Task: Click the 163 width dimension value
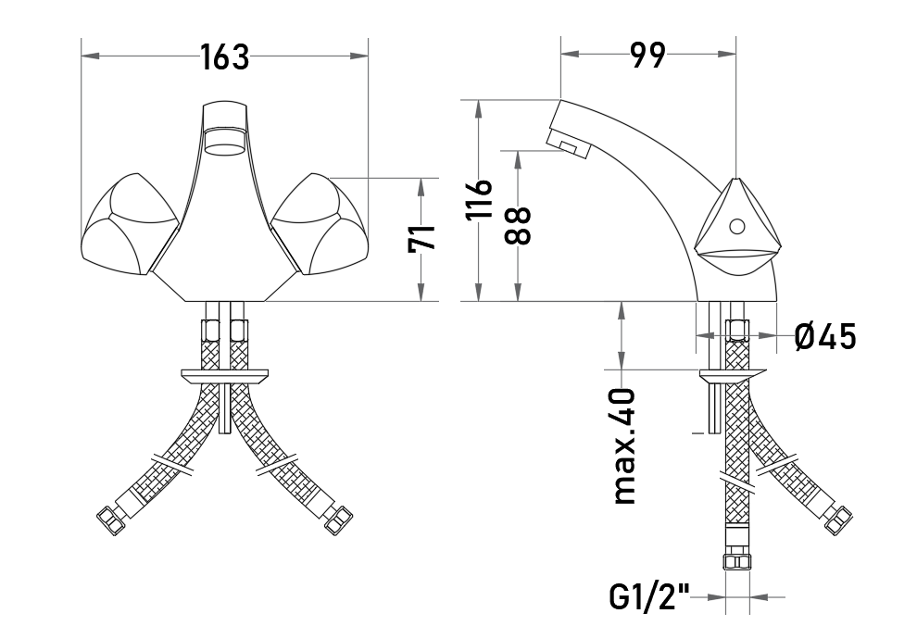point(225,57)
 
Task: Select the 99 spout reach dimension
point(648,56)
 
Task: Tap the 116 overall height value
point(479,200)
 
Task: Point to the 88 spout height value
point(517,226)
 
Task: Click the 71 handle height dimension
point(422,237)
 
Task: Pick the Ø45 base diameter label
point(825,337)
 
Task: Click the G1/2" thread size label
point(649,597)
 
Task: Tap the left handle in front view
point(129,224)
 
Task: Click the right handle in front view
point(321,224)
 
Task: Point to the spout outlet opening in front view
point(225,144)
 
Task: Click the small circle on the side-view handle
point(737,225)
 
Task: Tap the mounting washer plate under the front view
point(225,376)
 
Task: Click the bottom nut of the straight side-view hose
point(737,562)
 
